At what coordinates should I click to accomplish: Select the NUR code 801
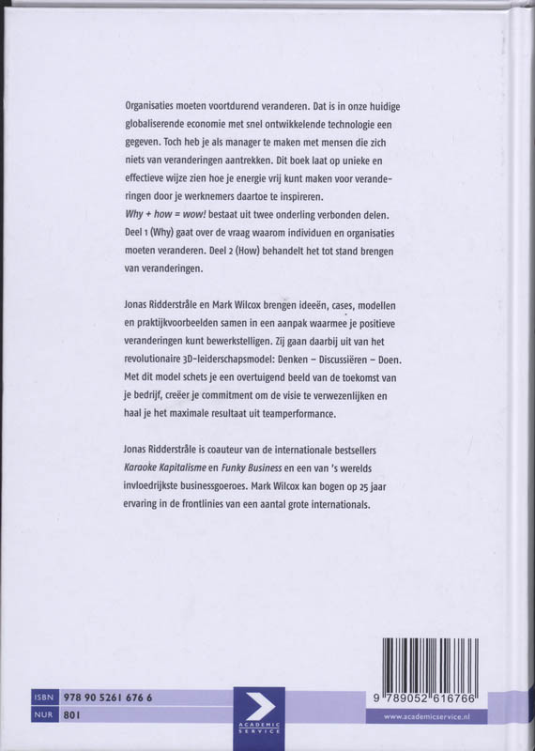pos(74,717)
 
